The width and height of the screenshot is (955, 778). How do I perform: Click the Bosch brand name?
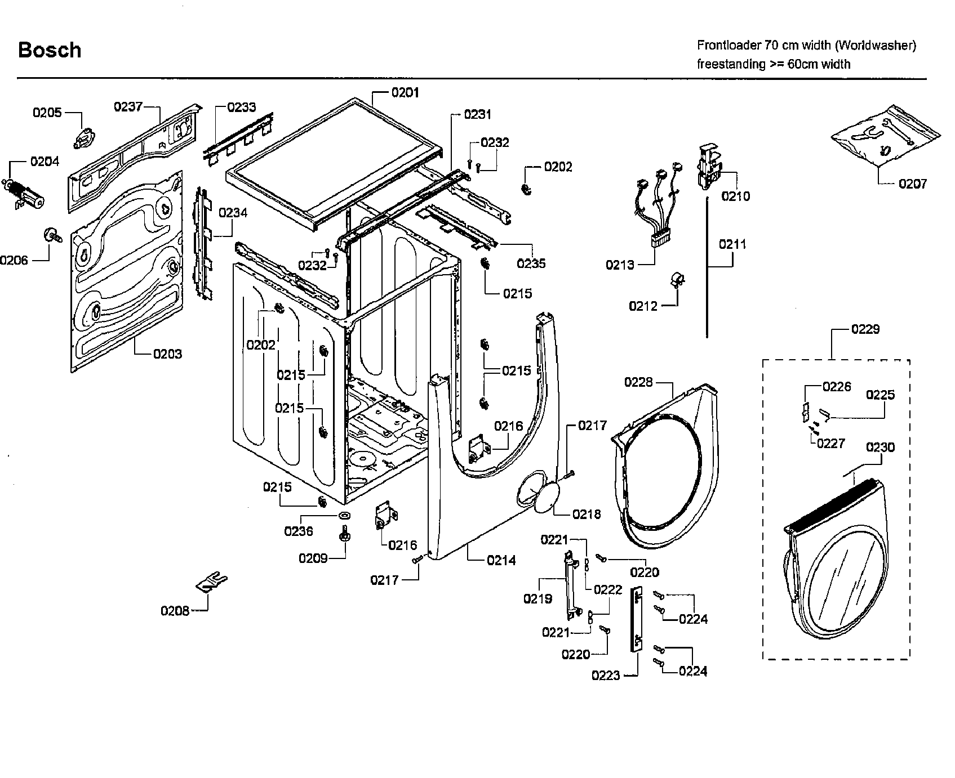pos(50,50)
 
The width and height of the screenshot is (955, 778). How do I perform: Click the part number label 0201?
pos(405,92)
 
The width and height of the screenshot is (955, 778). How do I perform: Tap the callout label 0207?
pos(912,184)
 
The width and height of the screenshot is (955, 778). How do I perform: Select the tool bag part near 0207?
pos(885,136)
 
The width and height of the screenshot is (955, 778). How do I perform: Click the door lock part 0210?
pos(710,166)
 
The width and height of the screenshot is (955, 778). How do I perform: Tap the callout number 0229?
pos(865,329)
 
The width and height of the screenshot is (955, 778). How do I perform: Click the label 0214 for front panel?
pos(501,560)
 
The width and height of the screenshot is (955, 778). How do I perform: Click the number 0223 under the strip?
pos(606,676)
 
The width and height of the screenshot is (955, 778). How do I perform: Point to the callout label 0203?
pos(167,354)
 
